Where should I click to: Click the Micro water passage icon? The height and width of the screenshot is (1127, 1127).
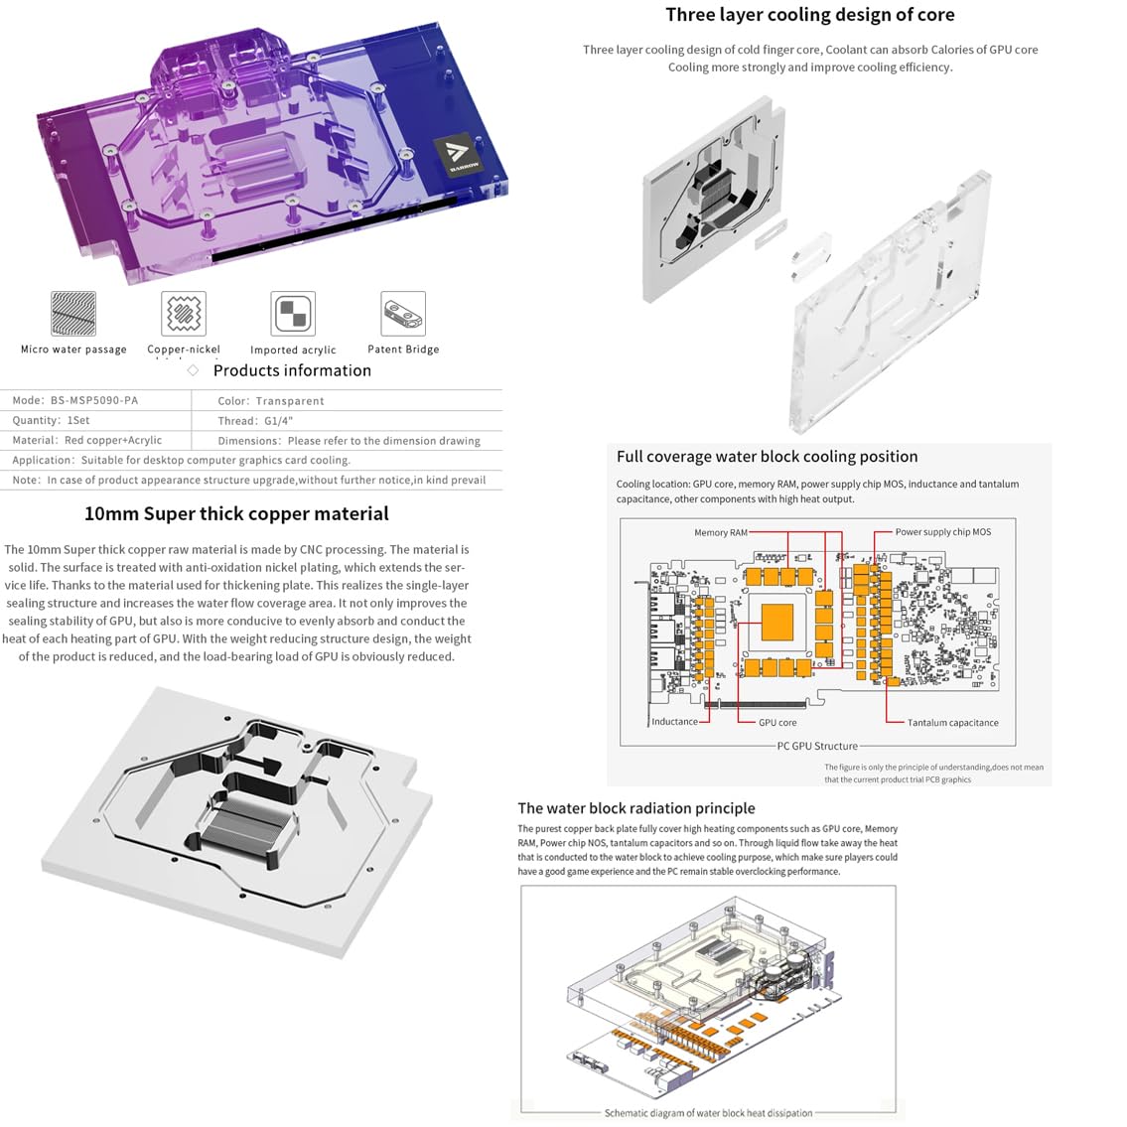coord(73,314)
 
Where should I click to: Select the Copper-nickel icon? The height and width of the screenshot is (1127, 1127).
coord(184,314)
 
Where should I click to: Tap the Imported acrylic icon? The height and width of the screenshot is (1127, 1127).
coord(293,314)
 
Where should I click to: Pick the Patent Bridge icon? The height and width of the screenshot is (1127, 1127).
coord(403,314)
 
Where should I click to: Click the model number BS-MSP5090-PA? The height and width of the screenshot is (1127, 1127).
coord(94,401)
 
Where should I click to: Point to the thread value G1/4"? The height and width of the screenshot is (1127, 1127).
coord(278,421)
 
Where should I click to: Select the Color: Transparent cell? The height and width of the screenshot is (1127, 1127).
coord(271,401)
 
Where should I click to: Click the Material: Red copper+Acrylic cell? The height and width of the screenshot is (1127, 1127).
coord(87,440)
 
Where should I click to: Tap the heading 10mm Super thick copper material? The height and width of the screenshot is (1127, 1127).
coord(236,514)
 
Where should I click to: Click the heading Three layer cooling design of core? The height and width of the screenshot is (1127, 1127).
coord(809,15)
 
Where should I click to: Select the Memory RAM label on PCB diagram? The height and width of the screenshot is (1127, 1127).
coord(720,533)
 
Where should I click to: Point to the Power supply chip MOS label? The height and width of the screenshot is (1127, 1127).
coord(942,532)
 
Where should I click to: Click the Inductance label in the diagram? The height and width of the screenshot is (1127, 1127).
coord(674,722)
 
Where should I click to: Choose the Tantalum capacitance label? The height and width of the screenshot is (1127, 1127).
coord(952,723)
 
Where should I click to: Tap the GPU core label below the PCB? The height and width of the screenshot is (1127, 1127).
coord(777,723)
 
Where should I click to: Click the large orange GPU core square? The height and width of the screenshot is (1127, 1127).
coord(777,623)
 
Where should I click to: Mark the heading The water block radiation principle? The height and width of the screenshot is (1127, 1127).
coord(635,808)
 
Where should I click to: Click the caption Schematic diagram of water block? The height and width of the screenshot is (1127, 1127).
coord(708,1113)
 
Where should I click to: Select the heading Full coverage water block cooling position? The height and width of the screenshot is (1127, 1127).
coord(767,457)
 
